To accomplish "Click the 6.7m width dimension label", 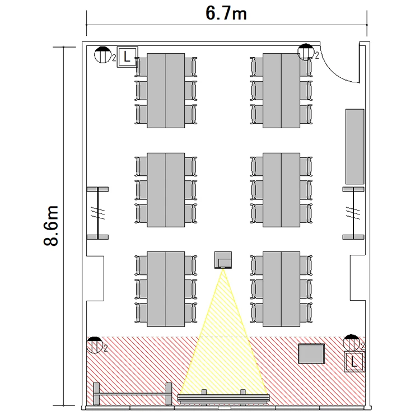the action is (x=226, y=13).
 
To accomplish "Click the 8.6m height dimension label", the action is (x=51, y=226).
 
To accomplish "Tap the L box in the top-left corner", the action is (x=128, y=57).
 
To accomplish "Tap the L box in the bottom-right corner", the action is (x=354, y=362).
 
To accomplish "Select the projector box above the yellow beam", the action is (x=223, y=260).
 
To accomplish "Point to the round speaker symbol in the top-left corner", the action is (x=102, y=55).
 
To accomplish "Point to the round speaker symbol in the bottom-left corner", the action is (x=95, y=345).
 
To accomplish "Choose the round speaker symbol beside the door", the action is (x=306, y=52).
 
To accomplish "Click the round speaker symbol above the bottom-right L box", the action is (x=352, y=343).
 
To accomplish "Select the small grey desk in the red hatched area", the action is (x=311, y=353).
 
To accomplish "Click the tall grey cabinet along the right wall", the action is (x=355, y=147).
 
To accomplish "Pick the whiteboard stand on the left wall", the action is (x=98, y=213).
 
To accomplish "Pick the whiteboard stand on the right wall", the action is (x=353, y=213).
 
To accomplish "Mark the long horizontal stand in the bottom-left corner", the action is (x=133, y=394).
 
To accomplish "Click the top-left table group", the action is (x=166, y=91).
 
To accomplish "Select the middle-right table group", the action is (x=281, y=190).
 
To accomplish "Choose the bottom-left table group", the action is (x=166, y=289).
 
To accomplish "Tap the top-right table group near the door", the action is (x=281, y=91).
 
